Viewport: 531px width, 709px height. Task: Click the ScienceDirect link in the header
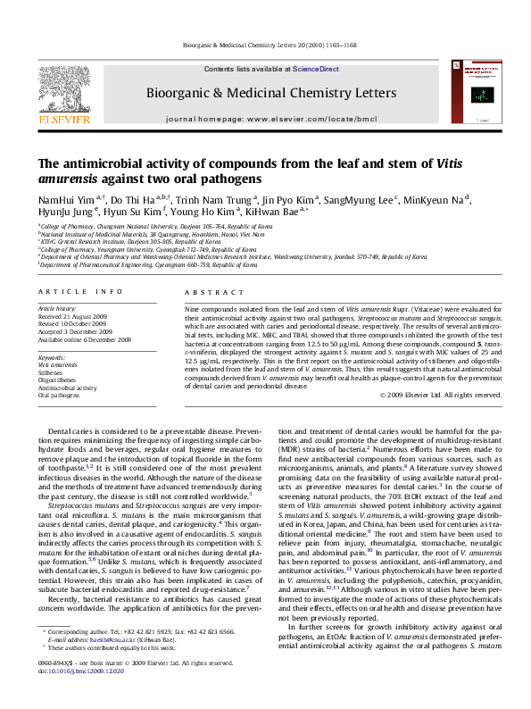pyautogui.click(x=316, y=69)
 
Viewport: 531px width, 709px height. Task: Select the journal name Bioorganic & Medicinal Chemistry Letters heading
pyautogui.click(x=272, y=93)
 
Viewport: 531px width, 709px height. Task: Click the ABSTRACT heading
pyautogui.click(x=207, y=292)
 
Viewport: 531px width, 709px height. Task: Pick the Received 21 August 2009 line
pyautogui.click(x=72, y=317)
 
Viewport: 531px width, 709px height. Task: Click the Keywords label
pyautogui.click(x=52, y=357)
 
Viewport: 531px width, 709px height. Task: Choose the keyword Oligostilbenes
pyautogui.click(x=57, y=380)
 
